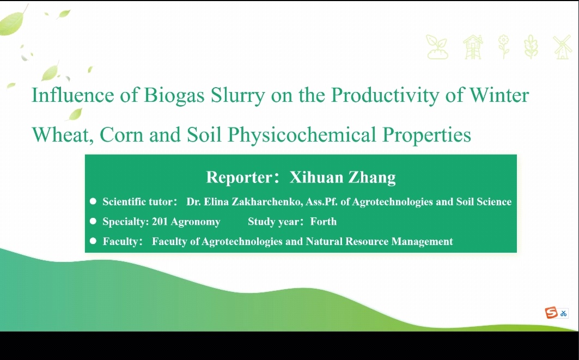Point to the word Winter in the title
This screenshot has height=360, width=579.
click(x=499, y=95)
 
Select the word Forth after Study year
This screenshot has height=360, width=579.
click(x=324, y=222)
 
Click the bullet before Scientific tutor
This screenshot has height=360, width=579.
click(x=93, y=201)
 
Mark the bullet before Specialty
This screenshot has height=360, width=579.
click(x=93, y=221)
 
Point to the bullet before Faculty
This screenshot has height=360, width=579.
click(x=93, y=241)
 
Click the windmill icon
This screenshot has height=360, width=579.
click(x=562, y=47)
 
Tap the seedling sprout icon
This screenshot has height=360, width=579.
click(x=437, y=47)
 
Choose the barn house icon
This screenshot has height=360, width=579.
click(x=473, y=47)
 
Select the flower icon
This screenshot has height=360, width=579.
click(x=504, y=47)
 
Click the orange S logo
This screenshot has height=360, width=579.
click(x=551, y=313)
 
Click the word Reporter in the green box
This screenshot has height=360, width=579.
click(x=239, y=178)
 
